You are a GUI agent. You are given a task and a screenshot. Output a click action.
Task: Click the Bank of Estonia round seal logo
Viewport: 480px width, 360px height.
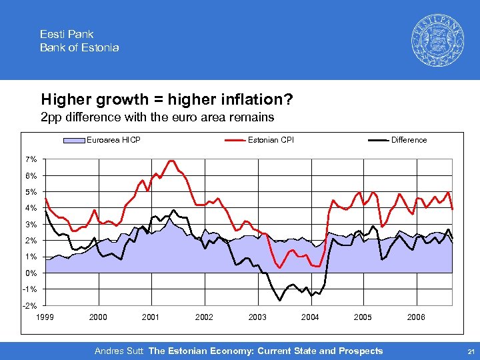tap(436, 39)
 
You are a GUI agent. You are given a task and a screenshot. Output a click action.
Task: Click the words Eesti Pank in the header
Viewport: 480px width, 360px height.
tap(67, 34)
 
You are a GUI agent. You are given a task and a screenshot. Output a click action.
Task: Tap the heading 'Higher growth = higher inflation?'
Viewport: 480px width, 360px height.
tap(167, 100)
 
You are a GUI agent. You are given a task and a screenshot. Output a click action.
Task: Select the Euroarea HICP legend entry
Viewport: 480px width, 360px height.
tap(113, 140)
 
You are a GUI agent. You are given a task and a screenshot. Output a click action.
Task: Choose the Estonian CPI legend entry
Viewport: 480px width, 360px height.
tap(271, 140)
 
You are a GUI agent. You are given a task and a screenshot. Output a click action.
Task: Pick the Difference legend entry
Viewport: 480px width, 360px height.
tap(409, 140)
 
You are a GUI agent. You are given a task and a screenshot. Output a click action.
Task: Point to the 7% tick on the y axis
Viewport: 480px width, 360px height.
tap(32, 159)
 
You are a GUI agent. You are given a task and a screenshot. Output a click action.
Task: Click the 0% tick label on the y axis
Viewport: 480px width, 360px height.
tap(32, 273)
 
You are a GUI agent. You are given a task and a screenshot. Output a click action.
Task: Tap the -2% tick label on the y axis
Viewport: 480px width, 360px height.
tap(31, 305)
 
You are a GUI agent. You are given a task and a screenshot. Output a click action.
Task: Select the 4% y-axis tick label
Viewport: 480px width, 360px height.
tap(32, 208)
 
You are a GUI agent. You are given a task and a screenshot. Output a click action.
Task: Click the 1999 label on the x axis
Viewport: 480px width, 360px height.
tap(45, 317)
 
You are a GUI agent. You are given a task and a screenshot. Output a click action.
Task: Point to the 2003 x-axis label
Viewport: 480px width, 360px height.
tap(257, 317)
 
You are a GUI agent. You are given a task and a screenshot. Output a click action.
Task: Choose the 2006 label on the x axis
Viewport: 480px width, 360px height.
tap(416, 317)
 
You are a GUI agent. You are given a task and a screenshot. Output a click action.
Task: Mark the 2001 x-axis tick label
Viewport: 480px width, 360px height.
tap(151, 317)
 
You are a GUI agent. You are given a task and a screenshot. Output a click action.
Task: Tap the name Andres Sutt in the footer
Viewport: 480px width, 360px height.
tap(119, 351)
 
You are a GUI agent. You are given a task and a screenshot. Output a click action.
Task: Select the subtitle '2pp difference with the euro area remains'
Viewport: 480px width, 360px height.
tap(157, 118)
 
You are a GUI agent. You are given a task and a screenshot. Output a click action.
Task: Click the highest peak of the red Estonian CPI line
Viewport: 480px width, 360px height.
tap(171, 161)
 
